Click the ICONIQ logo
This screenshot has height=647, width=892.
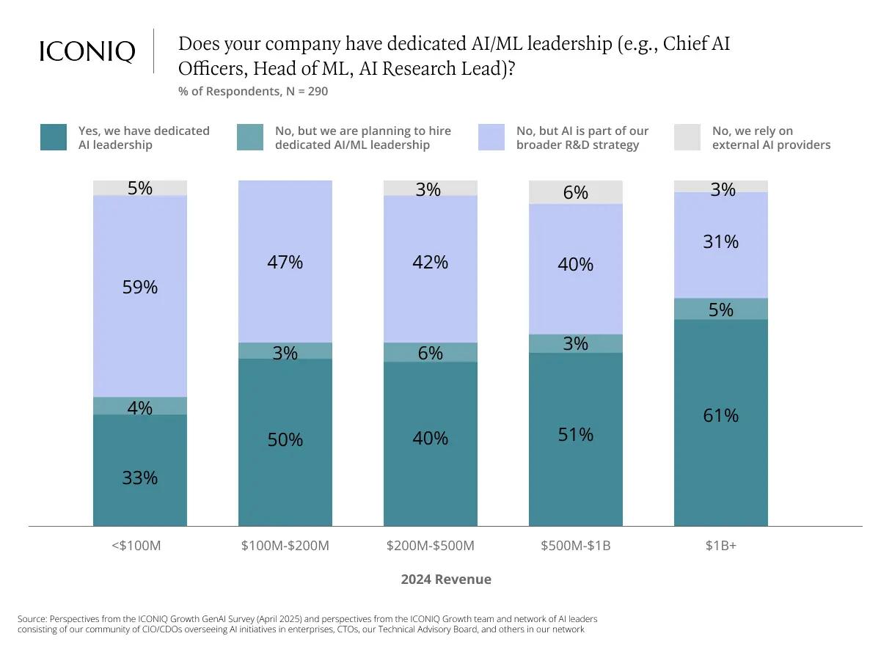tap(87, 51)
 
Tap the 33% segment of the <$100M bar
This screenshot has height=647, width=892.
tap(140, 470)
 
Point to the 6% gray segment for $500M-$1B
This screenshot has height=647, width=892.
tap(576, 192)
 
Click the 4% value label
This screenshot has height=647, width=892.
tap(140, 408)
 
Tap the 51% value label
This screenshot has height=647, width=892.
tap(576, 435)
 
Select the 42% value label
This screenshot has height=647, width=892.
tap(431, 262)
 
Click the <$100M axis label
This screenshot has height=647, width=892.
tap(136, 546)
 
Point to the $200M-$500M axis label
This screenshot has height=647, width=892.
tap(431, 546)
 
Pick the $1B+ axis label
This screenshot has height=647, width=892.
tap(720, 546)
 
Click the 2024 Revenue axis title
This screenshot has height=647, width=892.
tap(446, 580)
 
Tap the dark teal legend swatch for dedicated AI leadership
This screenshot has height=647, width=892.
tap(54, 138)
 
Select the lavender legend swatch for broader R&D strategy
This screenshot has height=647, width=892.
tap(491, 138)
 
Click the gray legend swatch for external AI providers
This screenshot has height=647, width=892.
tap(687, 138)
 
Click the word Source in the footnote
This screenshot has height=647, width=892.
tap(32, 618)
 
